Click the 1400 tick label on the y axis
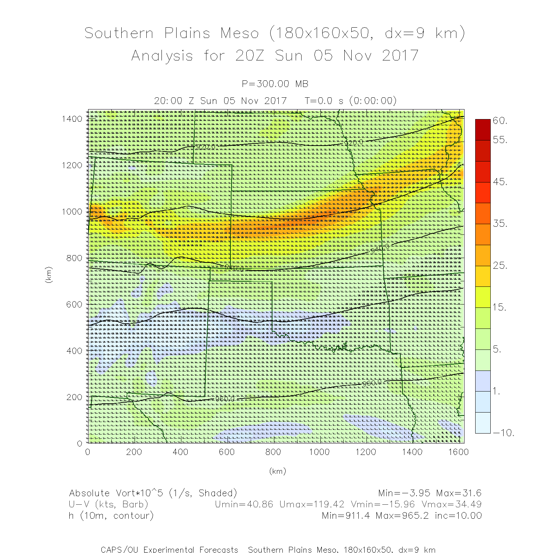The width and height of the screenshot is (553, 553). pos(72,119)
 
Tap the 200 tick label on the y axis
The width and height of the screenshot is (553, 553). pos(74,397)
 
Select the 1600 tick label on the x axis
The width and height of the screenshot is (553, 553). pos(458,452)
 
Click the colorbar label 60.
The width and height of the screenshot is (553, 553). pos(500,121)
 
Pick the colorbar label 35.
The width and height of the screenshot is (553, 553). pos(500,223)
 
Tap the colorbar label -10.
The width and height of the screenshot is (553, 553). pos(503,433)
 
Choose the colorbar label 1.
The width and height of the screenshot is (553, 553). pos(497,392)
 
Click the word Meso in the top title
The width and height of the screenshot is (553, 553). pos(240,33)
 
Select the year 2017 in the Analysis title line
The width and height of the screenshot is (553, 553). pos(400,56)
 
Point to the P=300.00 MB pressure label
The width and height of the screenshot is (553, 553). pos(275,84)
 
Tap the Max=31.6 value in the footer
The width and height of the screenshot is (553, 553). pos(459,493)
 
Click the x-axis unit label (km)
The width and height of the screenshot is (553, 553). pos(277,471)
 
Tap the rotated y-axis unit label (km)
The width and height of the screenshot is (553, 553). pos(48,275)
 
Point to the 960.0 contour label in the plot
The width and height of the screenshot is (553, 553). pos(372,383)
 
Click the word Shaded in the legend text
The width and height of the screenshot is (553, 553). pos(217,493)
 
